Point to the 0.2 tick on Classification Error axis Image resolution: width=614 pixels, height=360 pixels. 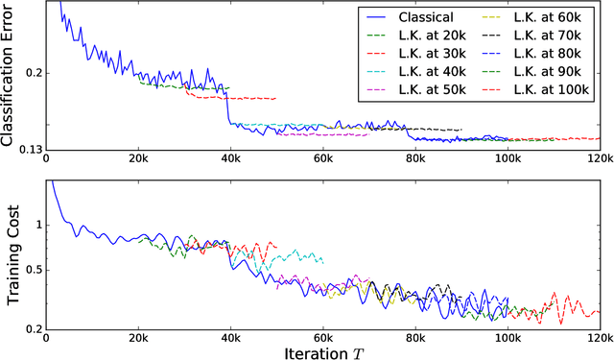click(31, 73)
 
